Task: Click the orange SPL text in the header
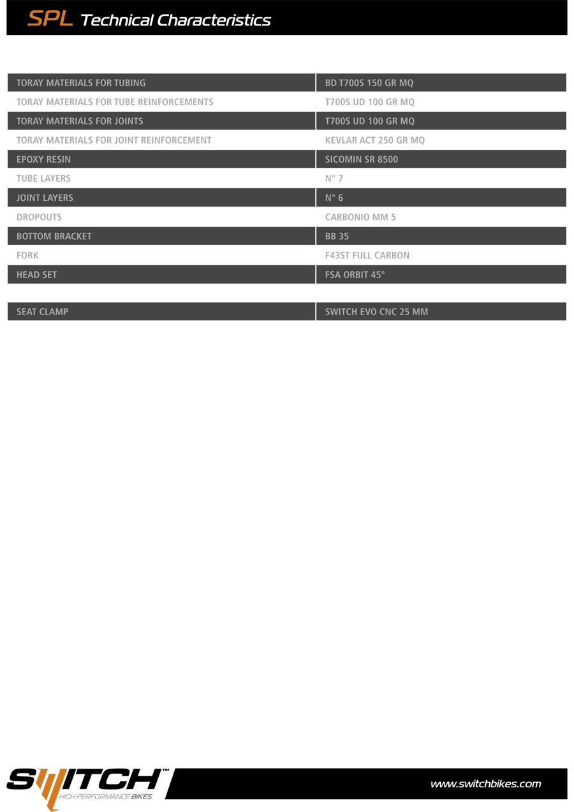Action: pos(50,19)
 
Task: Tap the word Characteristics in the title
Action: pos(214,20)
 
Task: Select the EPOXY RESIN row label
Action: pos(43,159)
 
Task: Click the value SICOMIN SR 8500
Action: pos(361,159)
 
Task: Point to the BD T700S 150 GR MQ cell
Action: pos(369,83)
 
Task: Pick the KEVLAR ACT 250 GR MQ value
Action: pos(374,140)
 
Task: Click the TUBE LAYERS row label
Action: pos(43,179)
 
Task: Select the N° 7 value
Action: pos(334,179)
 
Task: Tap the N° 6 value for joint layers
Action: pos(334,198)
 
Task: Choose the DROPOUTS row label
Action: pos(39,217)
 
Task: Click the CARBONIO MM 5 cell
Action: pos(360,217)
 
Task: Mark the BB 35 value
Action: pos(337,236)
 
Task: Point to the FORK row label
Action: pos(27,255)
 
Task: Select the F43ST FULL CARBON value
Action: pos(367,255)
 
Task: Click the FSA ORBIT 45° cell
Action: pos(355,275)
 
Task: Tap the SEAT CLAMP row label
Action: pos(42,312)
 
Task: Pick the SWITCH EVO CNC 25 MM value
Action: pos(376,312)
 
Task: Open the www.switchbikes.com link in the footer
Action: pos(485,784)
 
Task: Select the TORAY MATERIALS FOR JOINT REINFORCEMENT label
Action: pos(114,140)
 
